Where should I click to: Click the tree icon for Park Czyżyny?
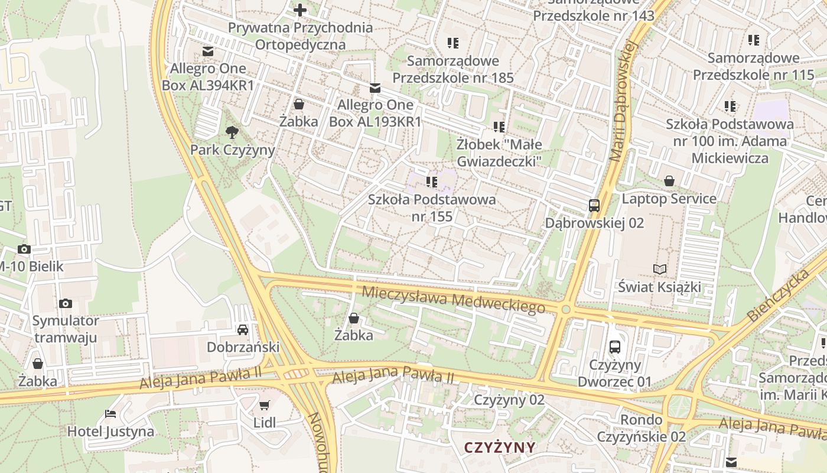[232, 132]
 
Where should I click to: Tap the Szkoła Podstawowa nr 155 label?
[432, 208]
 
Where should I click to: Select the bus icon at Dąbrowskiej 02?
[594, 206]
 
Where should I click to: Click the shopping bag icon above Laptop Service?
[669, 181]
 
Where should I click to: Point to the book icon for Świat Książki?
[659, 270]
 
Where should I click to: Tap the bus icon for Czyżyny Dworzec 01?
[615, 347]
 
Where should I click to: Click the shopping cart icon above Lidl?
[265, 406]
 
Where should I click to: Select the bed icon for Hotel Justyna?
[110, 413]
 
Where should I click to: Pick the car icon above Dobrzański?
[243, 329]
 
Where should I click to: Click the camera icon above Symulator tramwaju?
[66, 304]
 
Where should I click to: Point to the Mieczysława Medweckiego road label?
[453, 299]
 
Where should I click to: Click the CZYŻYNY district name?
[500, 447]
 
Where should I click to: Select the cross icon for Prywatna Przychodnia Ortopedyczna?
[300, 10]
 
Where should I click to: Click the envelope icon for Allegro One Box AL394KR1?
[208, 51]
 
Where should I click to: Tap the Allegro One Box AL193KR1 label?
[375, 113]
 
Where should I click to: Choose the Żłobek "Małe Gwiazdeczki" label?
[499, 153]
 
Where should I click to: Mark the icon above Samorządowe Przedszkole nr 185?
[453, 43]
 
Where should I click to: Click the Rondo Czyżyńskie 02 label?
[641, 428]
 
